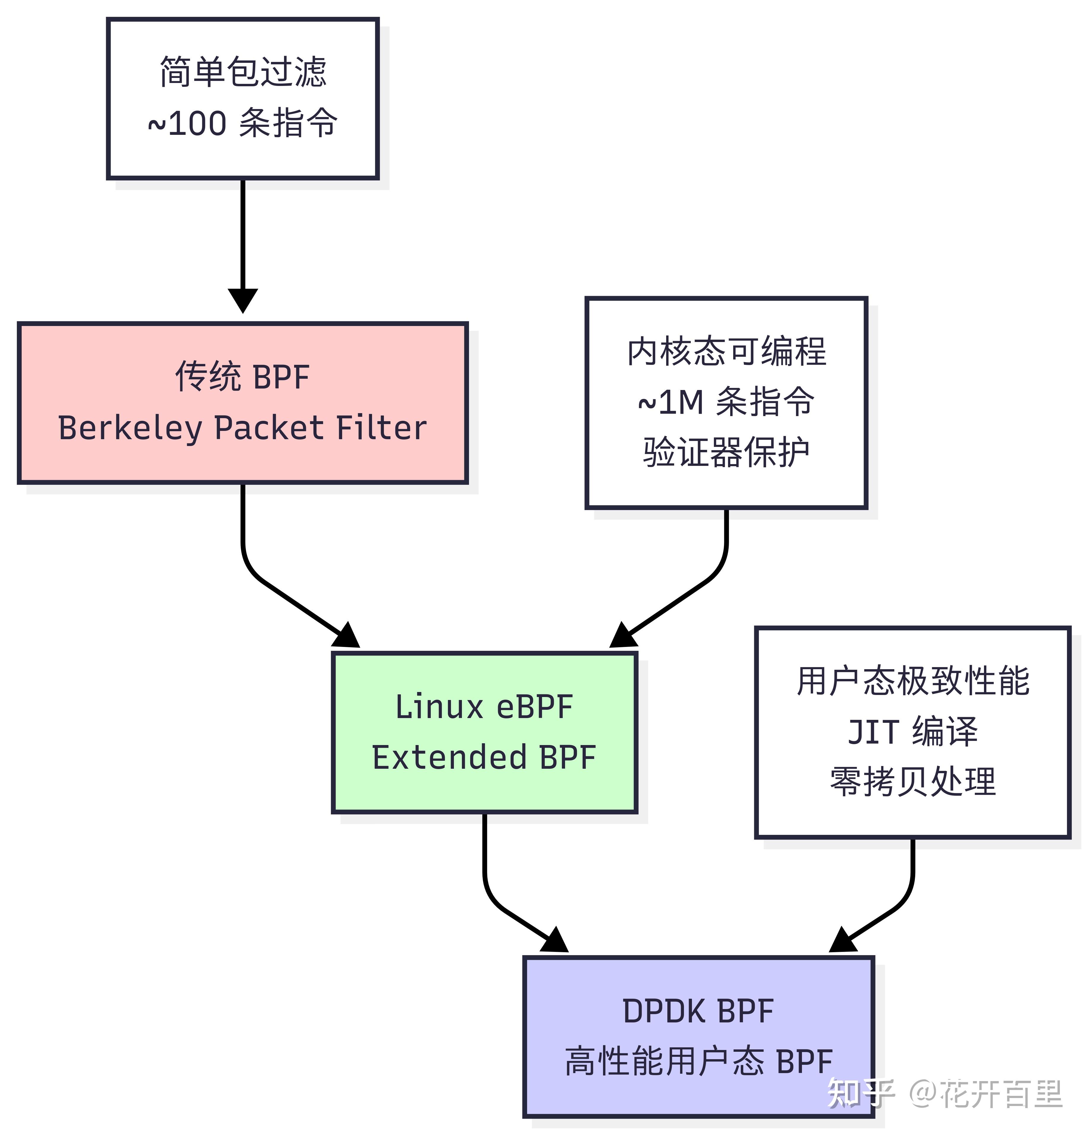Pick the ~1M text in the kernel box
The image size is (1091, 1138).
pyautogui.click(x=670, y=402)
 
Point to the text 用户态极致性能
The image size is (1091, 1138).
pyautogui.click(x=913, y=681)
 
